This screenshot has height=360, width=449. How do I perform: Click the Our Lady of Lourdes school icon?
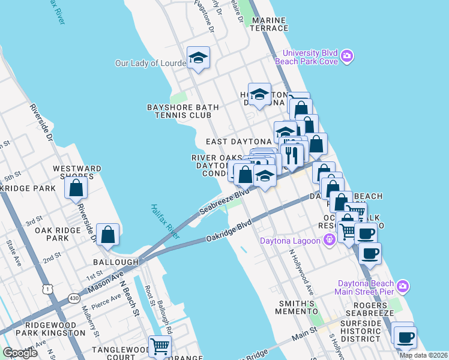tap(198, 58)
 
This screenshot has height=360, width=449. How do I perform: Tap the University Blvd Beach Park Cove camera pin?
tap(346, 56)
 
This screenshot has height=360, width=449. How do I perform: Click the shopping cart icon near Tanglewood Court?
tap(160, 346)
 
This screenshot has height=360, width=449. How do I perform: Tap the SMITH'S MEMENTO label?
tap(295, 308)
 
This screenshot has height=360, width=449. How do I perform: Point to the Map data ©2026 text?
tap(423, 355)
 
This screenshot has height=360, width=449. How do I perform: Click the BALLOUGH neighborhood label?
tap(116, 262)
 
